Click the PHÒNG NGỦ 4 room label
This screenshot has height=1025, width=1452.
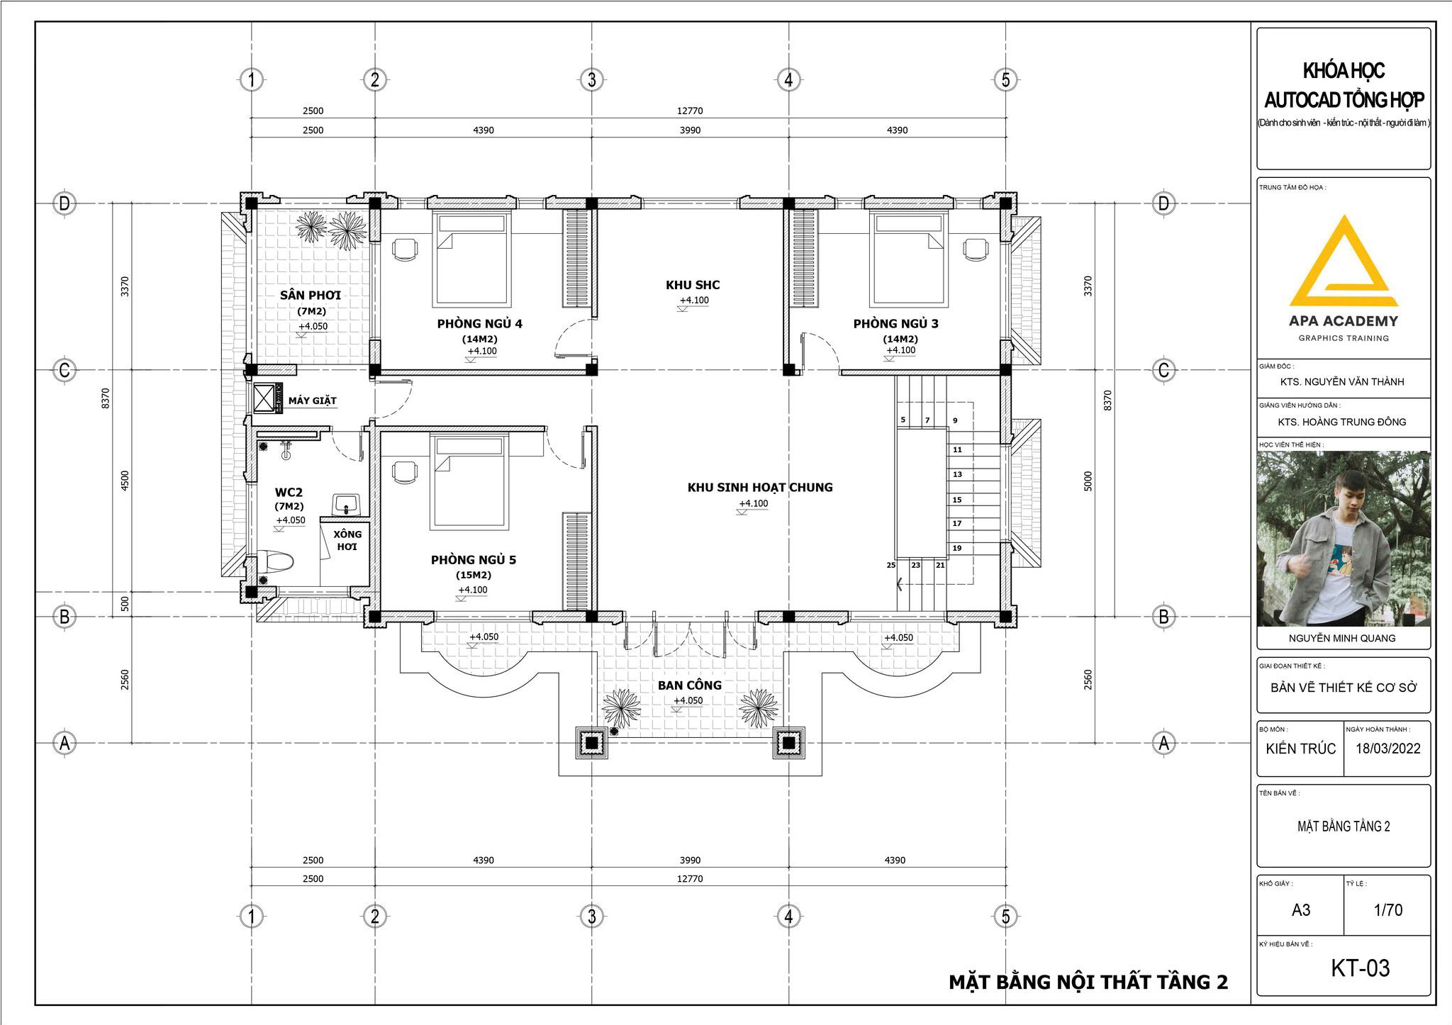479,324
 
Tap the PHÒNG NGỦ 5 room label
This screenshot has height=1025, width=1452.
474,560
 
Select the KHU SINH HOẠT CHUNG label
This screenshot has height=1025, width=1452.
760,488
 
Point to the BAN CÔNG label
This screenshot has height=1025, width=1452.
690,685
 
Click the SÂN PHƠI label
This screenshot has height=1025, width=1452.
311,295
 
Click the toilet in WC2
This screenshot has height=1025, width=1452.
276,564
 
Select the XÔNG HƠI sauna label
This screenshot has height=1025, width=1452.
347,540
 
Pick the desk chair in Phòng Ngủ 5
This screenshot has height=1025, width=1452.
405,472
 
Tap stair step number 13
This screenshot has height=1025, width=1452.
957,474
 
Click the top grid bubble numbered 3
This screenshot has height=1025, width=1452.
592,79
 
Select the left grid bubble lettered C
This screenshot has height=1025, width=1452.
65,370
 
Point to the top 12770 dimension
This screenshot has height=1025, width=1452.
690,111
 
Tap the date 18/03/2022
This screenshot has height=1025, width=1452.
1387,749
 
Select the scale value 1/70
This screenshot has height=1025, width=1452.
1387,910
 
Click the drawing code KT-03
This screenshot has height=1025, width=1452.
1360,968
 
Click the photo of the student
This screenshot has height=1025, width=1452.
1344,539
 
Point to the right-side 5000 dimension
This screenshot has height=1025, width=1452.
1088,481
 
